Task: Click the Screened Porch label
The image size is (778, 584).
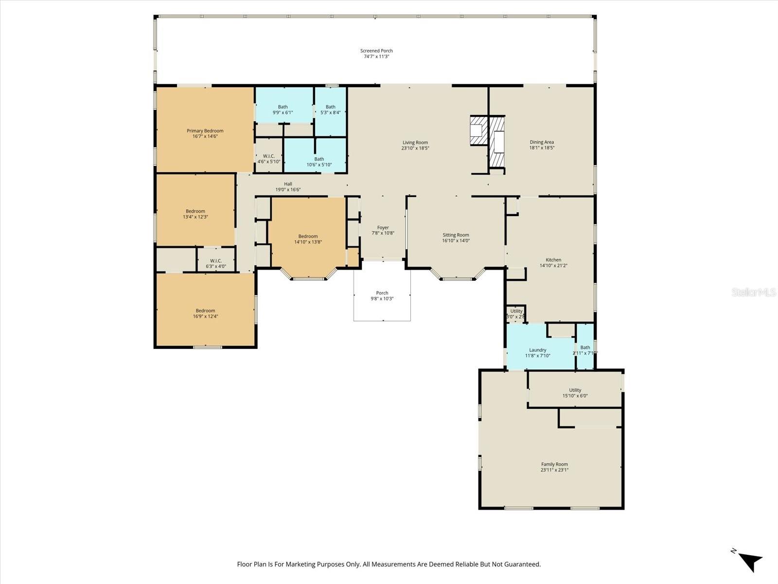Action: pos(376,51)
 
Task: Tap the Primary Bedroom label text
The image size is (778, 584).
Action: pos(205,130)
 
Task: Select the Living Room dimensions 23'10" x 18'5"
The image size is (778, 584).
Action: pos(415,148)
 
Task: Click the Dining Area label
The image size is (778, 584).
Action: pos(542,142)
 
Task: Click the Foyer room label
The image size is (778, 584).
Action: pos(383,227)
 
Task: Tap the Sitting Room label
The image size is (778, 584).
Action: pos(456,235)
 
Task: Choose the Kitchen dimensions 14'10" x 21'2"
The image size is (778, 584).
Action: pos(553,266)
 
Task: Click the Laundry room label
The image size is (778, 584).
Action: pos(537,350)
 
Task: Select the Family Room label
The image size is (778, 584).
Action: pos(554,464)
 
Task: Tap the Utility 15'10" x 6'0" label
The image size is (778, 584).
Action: pos(575,393)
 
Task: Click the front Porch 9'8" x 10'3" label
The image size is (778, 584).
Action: pos(382,295)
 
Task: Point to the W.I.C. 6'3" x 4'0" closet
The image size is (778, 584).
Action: pos(216,263)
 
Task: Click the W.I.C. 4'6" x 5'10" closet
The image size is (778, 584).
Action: pos(269,159)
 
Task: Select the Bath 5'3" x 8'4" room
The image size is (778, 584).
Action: pos(330,109)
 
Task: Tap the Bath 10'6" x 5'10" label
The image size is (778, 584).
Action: pos(319,162)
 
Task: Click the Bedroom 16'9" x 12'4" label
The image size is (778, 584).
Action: pos(205,313)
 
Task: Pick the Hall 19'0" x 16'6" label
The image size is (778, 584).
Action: pos(288,187)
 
